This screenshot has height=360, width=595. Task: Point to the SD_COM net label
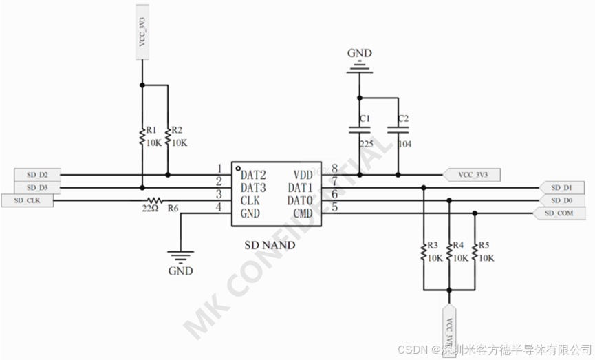pyautogui.click(x=559, y=213)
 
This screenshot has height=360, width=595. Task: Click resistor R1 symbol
pyautogui.click(x=142, y=136)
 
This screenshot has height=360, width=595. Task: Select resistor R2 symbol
pyautogui.click(x=168, y=136)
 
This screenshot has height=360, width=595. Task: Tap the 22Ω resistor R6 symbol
pyautogui.click(x=156, y=200)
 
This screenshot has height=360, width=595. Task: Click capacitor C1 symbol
pyautogui.click(x=358, y=129)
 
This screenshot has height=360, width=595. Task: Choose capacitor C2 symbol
pyautogui.click(x=397, y=129)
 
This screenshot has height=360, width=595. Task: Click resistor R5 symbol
pyautogui.click(x=475, y=253)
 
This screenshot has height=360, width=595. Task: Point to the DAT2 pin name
pyautogui.click(x=253, y=175)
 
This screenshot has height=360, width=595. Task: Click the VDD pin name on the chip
pyautogui.click(x=303, y=175)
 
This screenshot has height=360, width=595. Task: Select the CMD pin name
pyautogui.click(x=303, y=213)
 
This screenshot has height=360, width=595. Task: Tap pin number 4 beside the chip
pyautogui.click(x=219, y=207)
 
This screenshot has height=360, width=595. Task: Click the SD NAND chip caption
pyautogui.click(x=270, y=244)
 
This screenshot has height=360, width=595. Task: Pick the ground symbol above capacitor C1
pyautogui.click(x=358, y=66)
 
